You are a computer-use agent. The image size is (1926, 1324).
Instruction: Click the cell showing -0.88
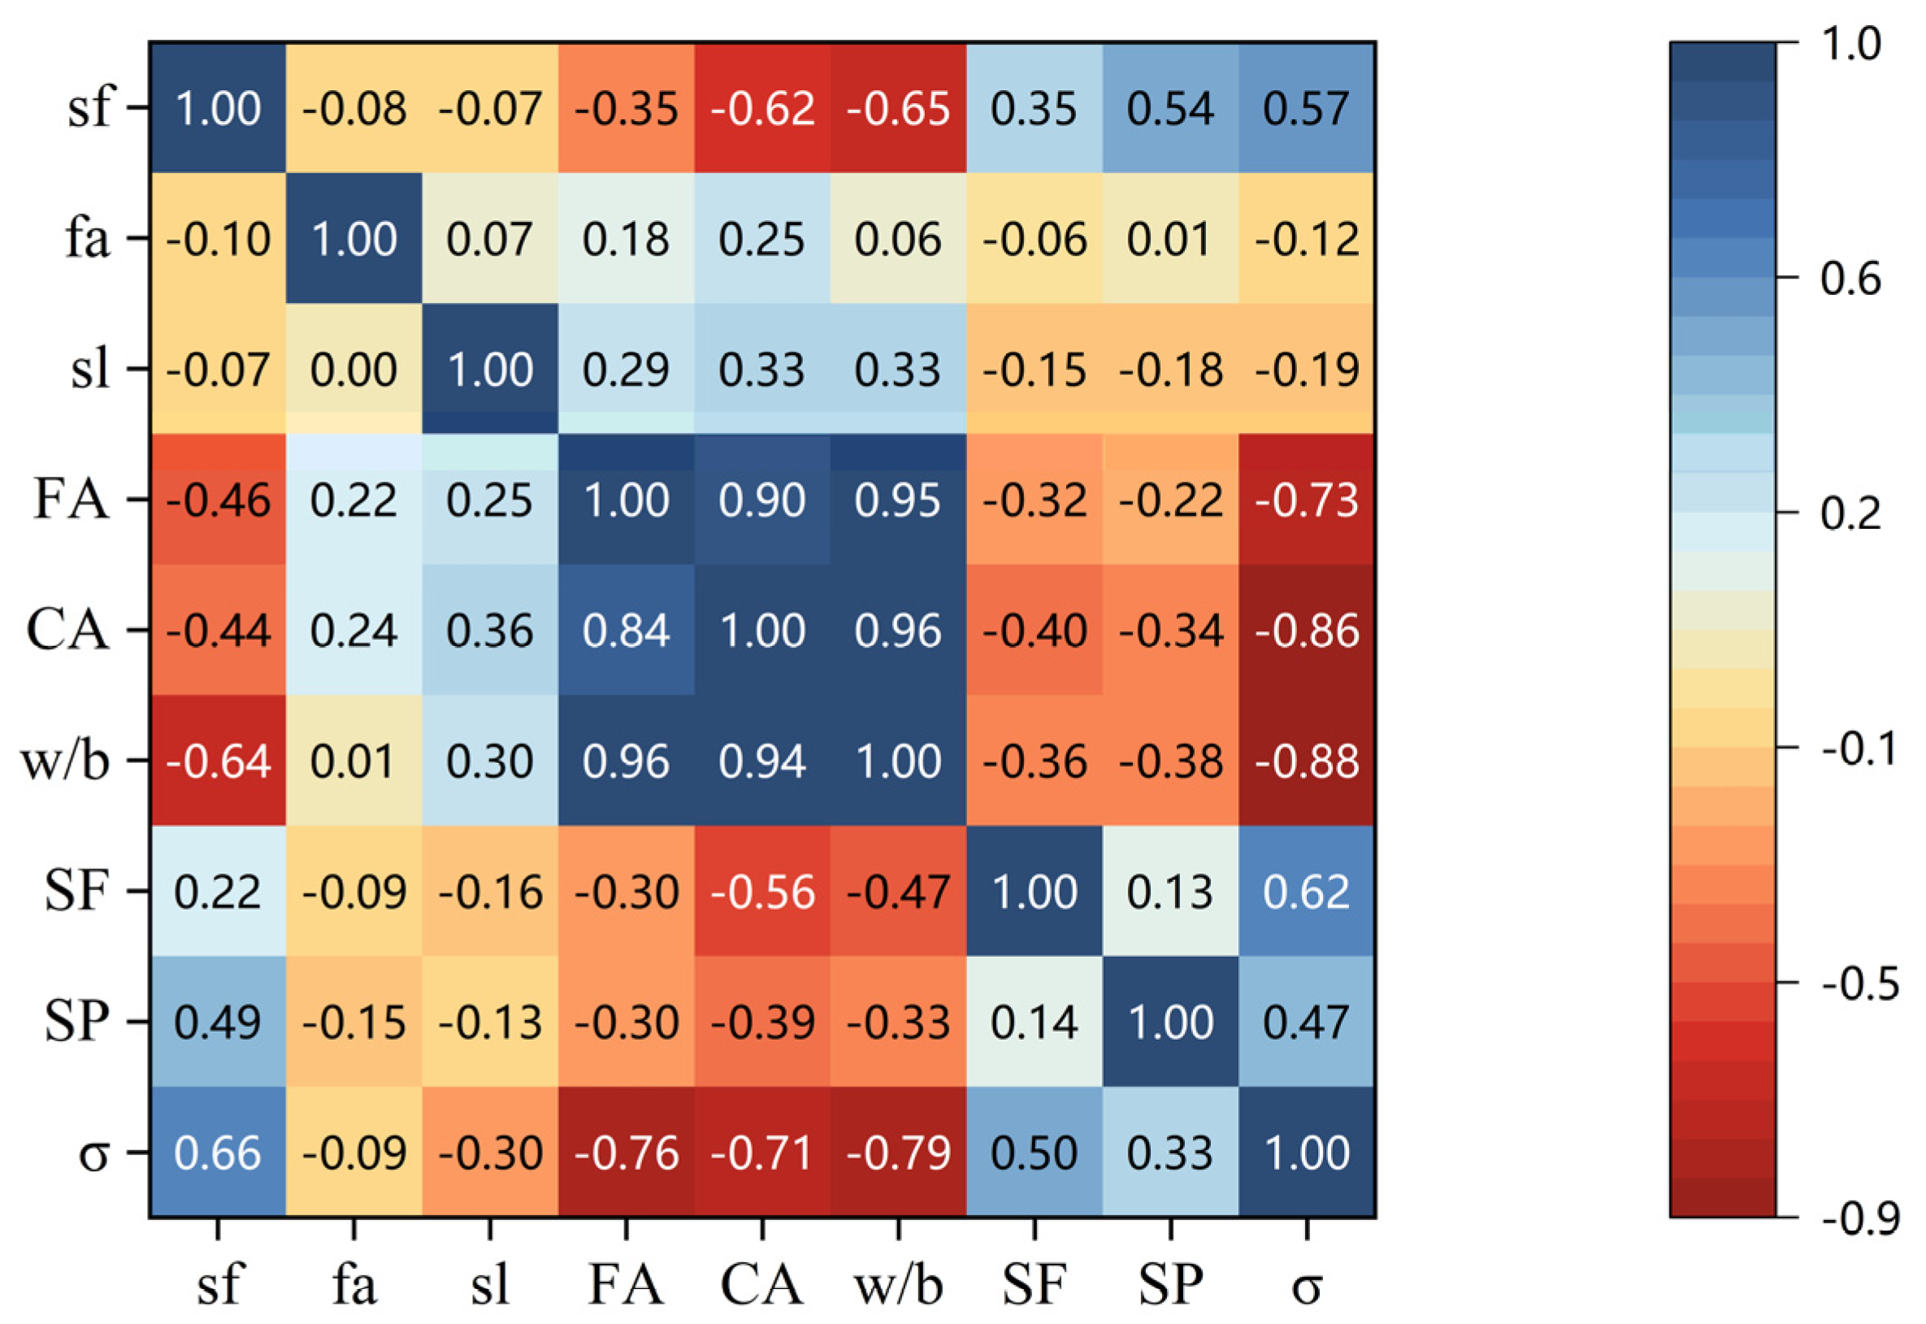click(x=1306, y=761)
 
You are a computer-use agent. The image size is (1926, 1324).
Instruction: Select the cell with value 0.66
click(x=218, y=1153)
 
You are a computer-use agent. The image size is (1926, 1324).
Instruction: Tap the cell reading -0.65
click(x=898, y=108)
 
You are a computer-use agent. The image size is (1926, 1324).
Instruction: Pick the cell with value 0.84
click(x=626, y=630)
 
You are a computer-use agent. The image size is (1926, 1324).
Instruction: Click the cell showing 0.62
click(x=1306, y=892)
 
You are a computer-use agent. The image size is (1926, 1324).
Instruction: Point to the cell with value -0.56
click(x=761, y=892)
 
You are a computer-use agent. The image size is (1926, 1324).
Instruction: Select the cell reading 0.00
click(x=354, y=369)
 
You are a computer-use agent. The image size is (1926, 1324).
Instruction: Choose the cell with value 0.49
click(x=218, y=1022)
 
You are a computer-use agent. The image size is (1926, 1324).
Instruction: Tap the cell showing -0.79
click(x=898, y=1153)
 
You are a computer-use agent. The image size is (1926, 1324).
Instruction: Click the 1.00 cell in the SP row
click(x=1170, y=1022)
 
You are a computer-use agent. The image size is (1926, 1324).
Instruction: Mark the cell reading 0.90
click(x=761, y=500)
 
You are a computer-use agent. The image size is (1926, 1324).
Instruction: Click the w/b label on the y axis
click(x=65, y=761)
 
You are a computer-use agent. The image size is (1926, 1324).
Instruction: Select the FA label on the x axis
click(x=626, y=1285)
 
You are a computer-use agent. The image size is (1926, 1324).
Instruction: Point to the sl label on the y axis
click(x=89, y=369)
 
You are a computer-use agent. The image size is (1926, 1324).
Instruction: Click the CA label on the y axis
click(x=67, y=630)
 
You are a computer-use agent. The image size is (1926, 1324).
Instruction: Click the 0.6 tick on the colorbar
click(x=1850, y=279)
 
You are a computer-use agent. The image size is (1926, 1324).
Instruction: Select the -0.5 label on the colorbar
click(x=1859, y=984)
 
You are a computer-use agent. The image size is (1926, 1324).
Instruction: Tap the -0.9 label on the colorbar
click(x=1859, y=1218)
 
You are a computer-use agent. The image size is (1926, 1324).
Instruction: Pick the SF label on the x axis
click(x=1034, y=1285)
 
